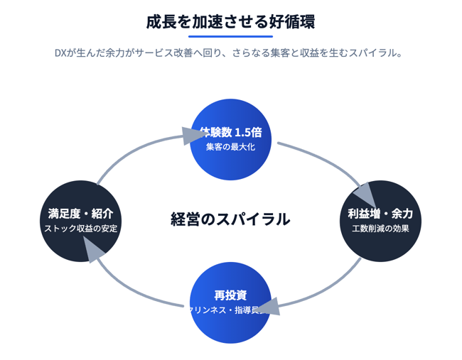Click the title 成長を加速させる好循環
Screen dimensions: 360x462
click(x=230, y=21)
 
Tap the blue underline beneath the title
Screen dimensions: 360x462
click(x=230, y=36)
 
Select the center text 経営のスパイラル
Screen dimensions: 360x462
click(x=230, y=219)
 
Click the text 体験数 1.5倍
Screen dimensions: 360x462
click(x=230, y=132)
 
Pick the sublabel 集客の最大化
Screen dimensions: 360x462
click(x=230, y=147)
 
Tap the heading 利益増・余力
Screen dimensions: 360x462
click(x=380, y=214)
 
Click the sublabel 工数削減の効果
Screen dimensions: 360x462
click(x=380, y=229)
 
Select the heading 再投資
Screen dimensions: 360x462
click(x=230, y=295)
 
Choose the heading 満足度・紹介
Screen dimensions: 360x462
click(x=80, y=214)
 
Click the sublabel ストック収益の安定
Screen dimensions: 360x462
click(x=80, y=229)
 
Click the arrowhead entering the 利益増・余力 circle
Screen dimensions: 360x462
click(x=363, y=194)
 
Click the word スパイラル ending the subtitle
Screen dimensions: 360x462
click(x=376, y=53)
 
